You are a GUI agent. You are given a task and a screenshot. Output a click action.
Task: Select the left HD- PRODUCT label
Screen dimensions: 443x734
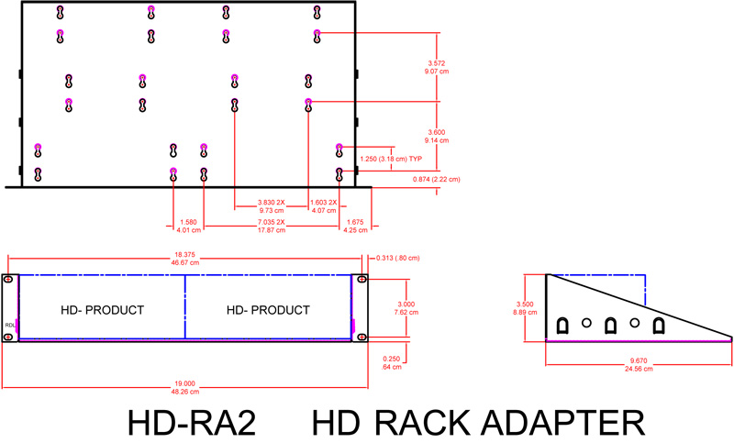click(102, 309)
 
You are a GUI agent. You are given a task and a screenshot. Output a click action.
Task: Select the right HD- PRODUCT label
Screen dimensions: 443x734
click(268, 309)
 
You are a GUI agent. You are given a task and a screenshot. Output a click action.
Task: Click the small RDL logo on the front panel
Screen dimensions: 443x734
click(9, 324)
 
